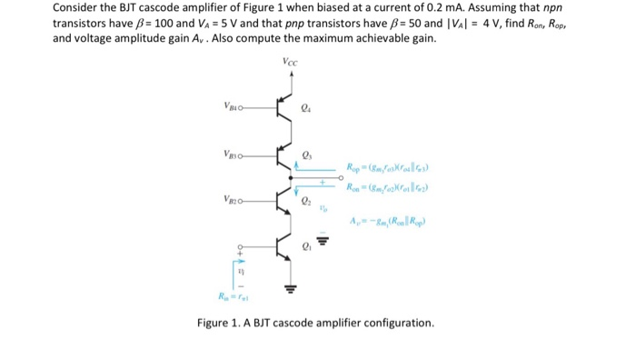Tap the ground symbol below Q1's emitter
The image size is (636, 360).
coord(289,290)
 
